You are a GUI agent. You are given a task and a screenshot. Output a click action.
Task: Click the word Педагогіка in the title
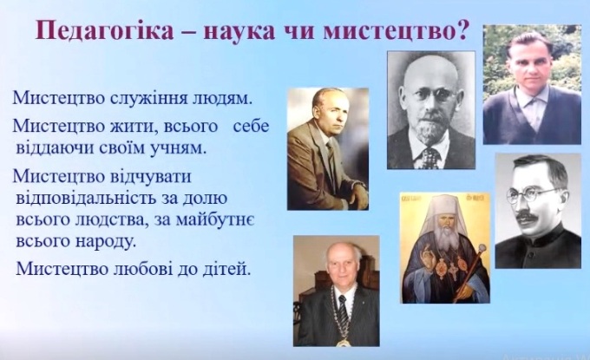pyautogui.click(x=105, y=31)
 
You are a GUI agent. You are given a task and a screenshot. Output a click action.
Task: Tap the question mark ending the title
pyautogui.click(x=462, y=30)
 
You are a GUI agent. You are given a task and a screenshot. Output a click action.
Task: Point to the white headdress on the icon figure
pyautogui.click(x=444, y=216)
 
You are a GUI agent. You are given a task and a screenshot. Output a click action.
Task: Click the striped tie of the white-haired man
pyautogui.click(x=343, y=311)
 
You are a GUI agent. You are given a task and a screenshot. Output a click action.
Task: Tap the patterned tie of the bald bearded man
pyautogui.click(x=429, y=158)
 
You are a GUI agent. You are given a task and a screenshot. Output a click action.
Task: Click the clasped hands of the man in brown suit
pyautogui.click(x=355, y=195)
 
